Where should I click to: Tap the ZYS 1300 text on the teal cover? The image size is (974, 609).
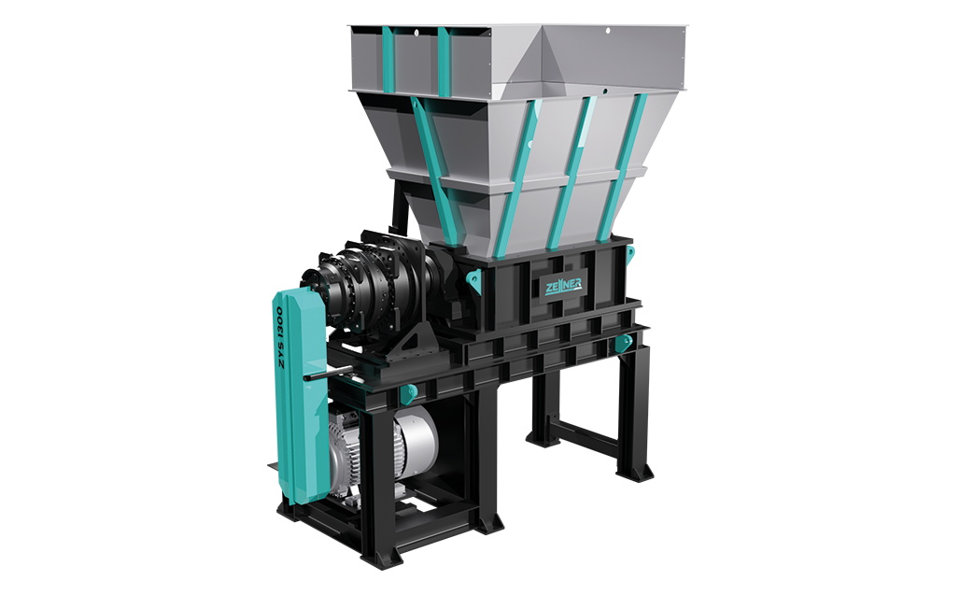[x=282, y=338]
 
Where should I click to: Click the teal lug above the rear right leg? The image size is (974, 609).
[x=623, y=344]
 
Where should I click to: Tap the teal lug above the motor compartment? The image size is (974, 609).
[x=408, y=392]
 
